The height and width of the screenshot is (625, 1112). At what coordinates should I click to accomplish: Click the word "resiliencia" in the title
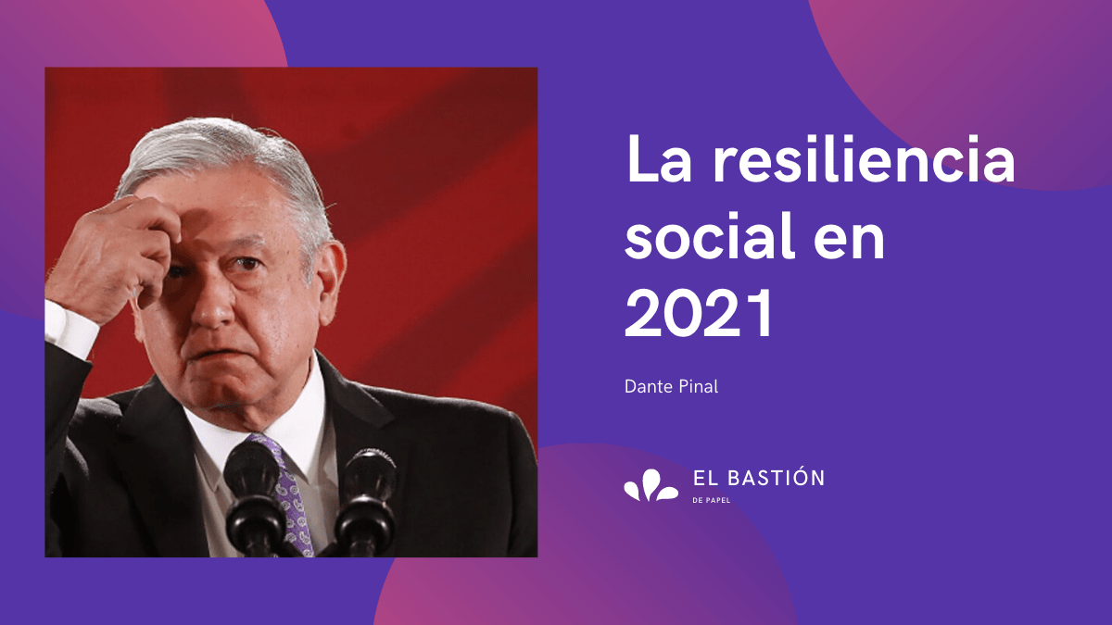[865, 158]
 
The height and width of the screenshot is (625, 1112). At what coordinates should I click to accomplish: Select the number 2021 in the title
[699, 314]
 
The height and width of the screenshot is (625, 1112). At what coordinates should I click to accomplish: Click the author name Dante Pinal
[671, 387]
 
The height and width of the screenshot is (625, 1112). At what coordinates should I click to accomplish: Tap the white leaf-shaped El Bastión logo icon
[651, 484]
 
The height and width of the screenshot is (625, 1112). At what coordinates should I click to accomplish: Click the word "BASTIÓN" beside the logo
[776, 477]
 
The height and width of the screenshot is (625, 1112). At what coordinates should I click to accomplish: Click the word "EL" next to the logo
[704, 478]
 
